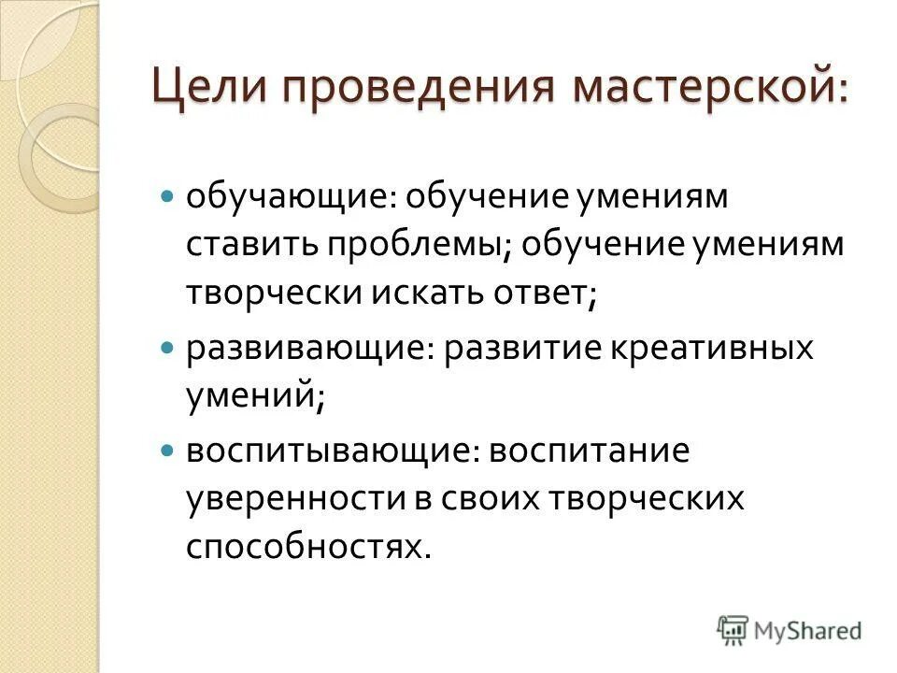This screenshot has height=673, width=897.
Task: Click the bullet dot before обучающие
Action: (x=168, y=197)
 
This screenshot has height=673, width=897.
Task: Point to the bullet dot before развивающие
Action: (x=168, y=348)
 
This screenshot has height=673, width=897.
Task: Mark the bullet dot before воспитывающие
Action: (x=168, y=451)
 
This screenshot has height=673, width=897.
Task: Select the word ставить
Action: (x=250, y=248)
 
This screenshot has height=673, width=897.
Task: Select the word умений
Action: (x=253, y=398)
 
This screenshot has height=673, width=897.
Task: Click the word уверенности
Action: (x=290, y=501)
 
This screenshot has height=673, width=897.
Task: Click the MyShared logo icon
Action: (x=733, y=628)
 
